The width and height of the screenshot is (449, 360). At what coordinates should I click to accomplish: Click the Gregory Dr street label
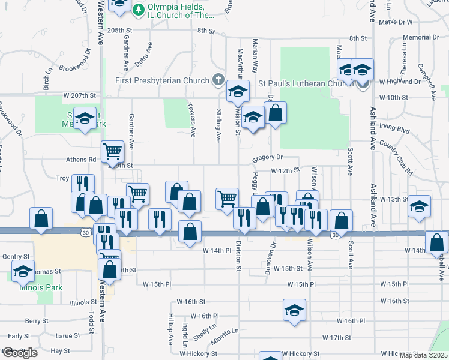point(267,157)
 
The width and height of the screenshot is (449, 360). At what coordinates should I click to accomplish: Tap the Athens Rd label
point(83,160)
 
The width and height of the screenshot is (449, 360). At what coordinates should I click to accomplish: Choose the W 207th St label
point(79,95)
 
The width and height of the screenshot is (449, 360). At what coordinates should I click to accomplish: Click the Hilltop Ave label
point(170,329)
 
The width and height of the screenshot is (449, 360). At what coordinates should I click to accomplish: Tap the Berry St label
point(36,322)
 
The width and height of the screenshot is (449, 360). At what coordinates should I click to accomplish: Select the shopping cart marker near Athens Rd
point(112,151)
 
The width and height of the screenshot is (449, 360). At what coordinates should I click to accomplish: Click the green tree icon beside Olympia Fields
point(139,10)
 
